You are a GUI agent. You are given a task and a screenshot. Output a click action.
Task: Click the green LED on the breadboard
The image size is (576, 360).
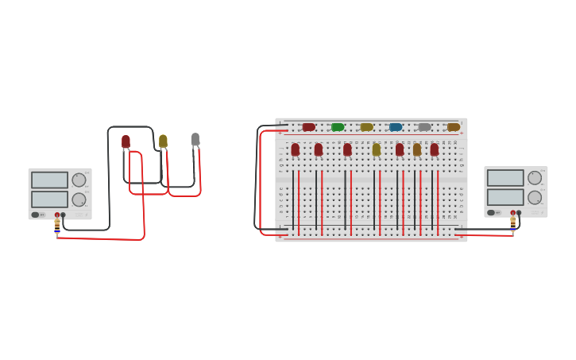pos(338,127)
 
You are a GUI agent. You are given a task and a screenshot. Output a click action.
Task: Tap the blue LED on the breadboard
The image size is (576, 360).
pos(396,127)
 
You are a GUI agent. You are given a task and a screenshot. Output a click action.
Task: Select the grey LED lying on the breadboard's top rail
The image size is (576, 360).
pos(424,127)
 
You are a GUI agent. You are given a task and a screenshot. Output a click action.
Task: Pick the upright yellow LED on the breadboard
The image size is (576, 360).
pos(377,149)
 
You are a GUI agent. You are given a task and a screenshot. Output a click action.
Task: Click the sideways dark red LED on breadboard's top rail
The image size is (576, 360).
pos(308,127)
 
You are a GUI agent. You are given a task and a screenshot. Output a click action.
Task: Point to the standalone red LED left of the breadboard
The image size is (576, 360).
pos(126,142)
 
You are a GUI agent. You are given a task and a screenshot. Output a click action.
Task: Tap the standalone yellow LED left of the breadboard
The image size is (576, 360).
pos(163,141)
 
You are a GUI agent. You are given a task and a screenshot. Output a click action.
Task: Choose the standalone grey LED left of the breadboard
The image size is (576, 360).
pos(195,140)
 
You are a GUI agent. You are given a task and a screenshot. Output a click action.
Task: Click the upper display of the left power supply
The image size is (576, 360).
pos(49,180)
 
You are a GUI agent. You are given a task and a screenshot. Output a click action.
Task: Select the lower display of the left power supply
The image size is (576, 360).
pos(49,199)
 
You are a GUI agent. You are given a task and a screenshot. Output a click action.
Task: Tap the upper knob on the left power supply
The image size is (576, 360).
pos(79,180)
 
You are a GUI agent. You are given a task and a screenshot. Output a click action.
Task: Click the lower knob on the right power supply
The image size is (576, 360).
pos(535,197)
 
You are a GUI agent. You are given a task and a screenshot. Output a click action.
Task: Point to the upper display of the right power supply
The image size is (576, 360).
pos(505,178)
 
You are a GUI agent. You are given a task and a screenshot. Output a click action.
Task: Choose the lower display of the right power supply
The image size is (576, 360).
pos(505,196)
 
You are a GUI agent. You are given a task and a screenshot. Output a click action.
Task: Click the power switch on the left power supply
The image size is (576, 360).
pos(36,215)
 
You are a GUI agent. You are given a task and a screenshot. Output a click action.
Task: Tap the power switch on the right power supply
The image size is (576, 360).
pos(492,213)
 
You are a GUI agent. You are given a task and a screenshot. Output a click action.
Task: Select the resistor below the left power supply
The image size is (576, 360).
pos(57,226)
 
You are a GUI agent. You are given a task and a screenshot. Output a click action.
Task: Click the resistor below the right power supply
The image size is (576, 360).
pos(513,225)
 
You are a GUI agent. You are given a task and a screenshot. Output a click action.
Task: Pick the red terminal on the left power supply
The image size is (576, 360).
pos(57,215)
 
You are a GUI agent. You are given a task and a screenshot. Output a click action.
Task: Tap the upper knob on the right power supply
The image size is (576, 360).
pos(535,178)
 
